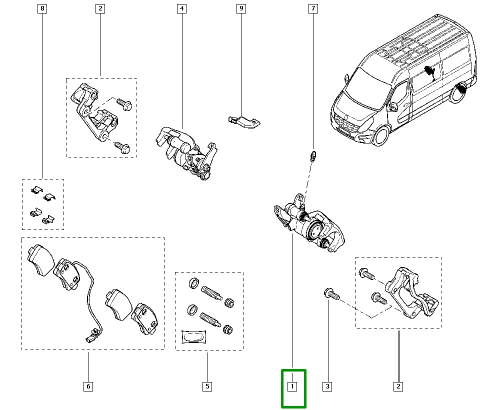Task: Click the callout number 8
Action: pyautogui.click(x=42, y=8)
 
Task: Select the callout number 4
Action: pyautogui.click(x=181, y=8)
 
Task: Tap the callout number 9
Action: pyautogui.click(x=241, y=8)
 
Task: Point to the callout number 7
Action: pyautogui.click(x=313, y=8)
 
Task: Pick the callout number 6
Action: pyautogui.click(x=88, y=386)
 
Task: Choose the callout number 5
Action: pyautogui.click(x=207, y=386)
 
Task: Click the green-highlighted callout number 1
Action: pyautogui.click(x=292, y=386)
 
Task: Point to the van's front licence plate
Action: pyautogui.click(x=343, y=131)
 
